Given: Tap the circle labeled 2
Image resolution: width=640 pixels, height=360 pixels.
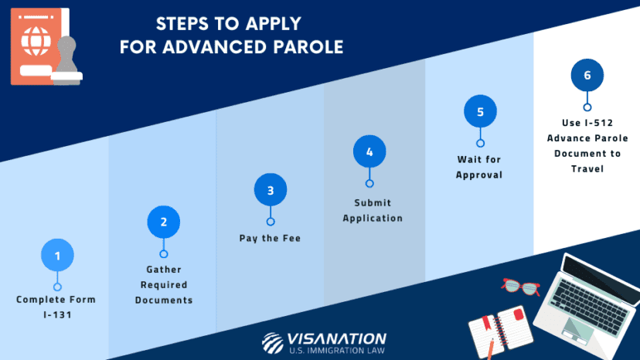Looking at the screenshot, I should pos(163,222).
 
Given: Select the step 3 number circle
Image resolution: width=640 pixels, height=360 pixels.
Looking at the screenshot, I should pos(270,190).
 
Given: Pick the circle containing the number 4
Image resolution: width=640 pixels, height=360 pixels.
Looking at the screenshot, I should pos(369,152).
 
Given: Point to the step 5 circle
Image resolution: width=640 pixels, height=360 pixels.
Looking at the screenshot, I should pos(480,112).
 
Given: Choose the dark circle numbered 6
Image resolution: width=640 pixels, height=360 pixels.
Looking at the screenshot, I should pos(587,76).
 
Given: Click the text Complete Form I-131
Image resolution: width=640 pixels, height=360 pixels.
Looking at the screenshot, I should pos(56,307).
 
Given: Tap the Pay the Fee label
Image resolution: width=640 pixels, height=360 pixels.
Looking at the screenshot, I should pos(270,238).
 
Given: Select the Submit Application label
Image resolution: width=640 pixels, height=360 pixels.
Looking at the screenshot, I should pos(373,210).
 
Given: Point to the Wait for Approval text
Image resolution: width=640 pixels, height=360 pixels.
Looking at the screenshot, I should pos(479,167).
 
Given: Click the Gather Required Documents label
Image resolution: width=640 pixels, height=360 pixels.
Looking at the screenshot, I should pos(164,284).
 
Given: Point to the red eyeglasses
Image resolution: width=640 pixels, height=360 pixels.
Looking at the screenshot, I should pos(520,287).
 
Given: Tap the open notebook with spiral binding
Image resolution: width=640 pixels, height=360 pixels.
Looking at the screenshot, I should pos(497,325).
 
